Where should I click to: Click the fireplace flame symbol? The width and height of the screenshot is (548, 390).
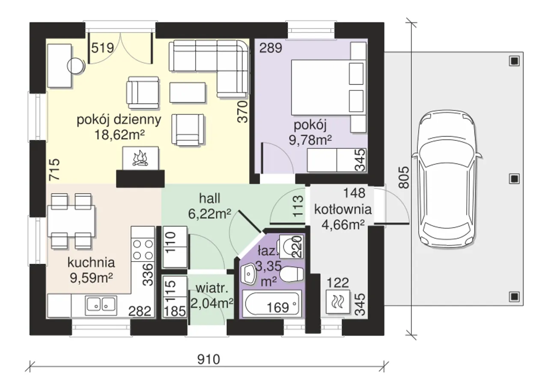pos(140,158)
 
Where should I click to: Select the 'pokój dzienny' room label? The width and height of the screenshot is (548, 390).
pos(119,119)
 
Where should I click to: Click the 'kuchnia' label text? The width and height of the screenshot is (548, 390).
pos(91,262)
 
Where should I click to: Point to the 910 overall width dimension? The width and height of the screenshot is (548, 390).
pos(208,360)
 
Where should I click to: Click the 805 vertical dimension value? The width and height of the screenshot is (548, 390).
pos(404,177)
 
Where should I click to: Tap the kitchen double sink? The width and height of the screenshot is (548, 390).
pos(101,306)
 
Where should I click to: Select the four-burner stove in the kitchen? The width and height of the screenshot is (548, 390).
pos(143,250)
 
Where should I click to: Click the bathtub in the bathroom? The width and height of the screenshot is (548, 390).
pos(272,305)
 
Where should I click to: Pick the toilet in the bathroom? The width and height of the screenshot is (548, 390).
pos(292,274)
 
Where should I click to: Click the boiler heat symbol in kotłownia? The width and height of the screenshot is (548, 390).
pos(338,302)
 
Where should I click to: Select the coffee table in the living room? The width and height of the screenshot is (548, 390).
pos(188,92)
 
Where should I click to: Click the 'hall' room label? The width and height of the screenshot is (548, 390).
pos(210,198)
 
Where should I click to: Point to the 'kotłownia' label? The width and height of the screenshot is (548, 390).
pos(343,209)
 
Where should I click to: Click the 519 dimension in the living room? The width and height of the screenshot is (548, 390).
pos(102,48)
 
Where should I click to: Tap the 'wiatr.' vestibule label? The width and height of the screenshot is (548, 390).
pos(212,289)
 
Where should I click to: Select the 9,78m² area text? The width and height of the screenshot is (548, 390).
pos(310,140)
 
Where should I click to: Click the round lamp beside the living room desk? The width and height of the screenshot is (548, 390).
pos(75,65)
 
